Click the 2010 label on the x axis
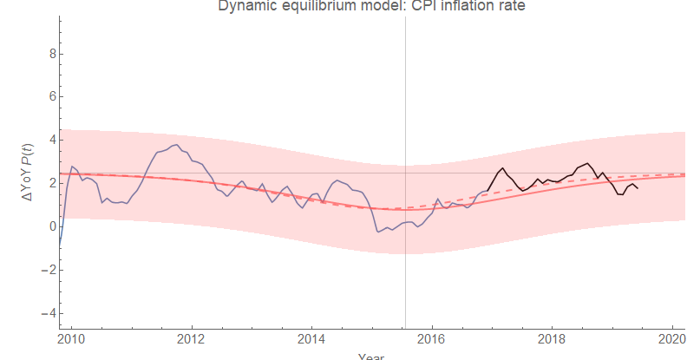point(70,337)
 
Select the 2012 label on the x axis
point(191,337)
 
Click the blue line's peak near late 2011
point(176,145)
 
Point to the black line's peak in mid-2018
point(588,163)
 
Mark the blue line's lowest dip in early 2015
point(377,232)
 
